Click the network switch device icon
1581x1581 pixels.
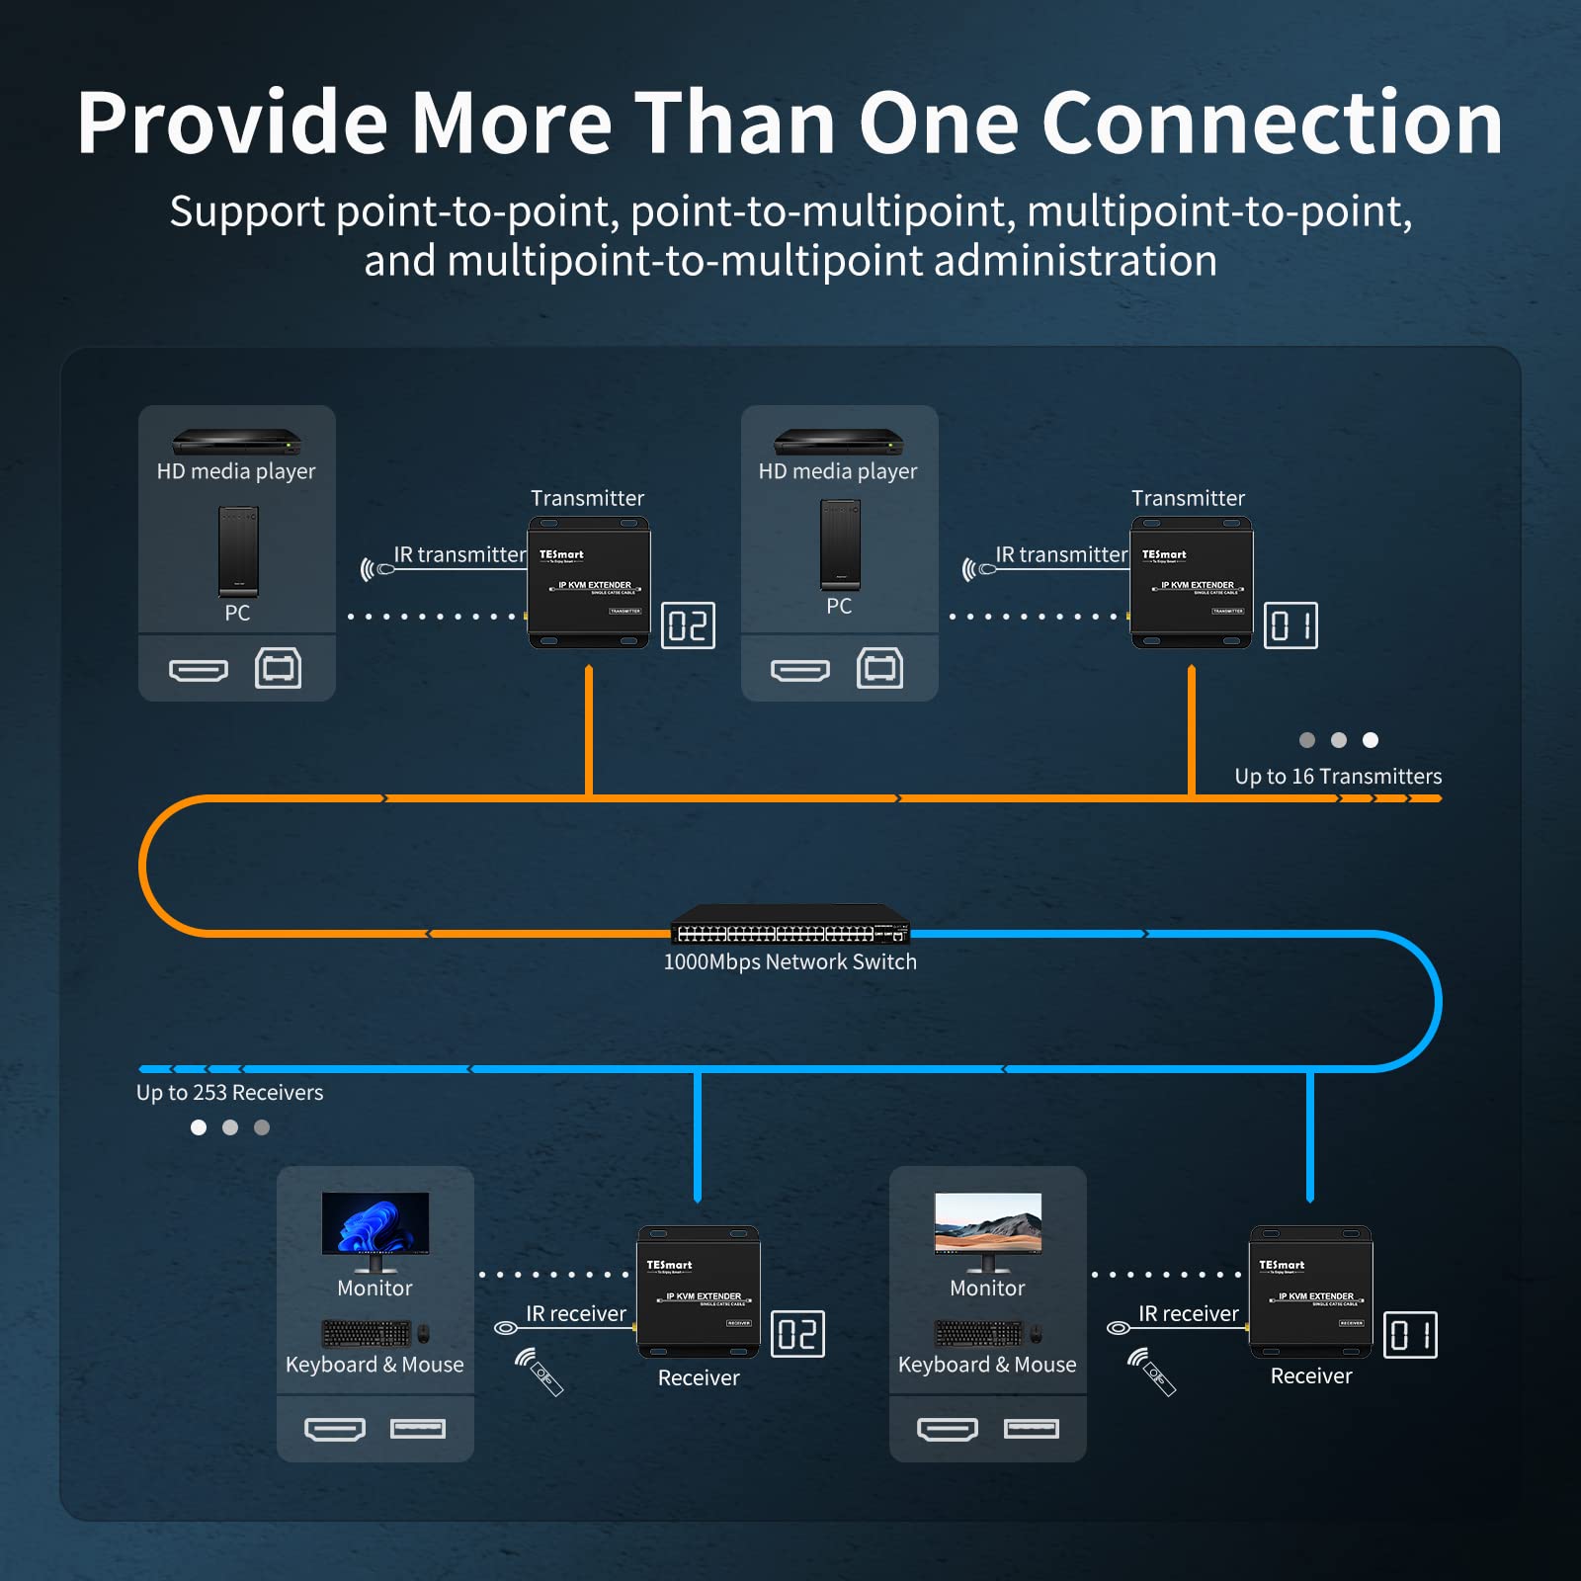click(790, 925)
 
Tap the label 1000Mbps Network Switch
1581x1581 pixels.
click(790, 962)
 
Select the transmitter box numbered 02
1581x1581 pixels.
click(589, 583)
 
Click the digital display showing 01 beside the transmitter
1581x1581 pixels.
click(1290, 625)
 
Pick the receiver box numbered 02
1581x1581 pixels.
click(698, 1292)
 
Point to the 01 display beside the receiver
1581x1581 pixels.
click(1410, 1335)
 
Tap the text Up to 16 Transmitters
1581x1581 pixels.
click(1338, 777)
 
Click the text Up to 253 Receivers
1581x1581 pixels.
click(229, 1093)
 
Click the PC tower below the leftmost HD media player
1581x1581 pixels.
click(238, 550)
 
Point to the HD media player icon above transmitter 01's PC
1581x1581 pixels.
click(838, 441)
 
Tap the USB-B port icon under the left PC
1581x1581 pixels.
click(278, 668)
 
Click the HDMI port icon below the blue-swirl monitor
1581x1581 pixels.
click(335, 1429)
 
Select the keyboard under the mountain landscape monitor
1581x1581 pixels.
click(978, 1334)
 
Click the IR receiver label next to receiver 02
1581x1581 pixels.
click(575, 1314)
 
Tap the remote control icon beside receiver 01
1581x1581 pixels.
click(1153, 1373)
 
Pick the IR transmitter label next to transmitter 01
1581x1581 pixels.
click(1061, 555)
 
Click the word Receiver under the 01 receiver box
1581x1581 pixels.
click(1310, 1376)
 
